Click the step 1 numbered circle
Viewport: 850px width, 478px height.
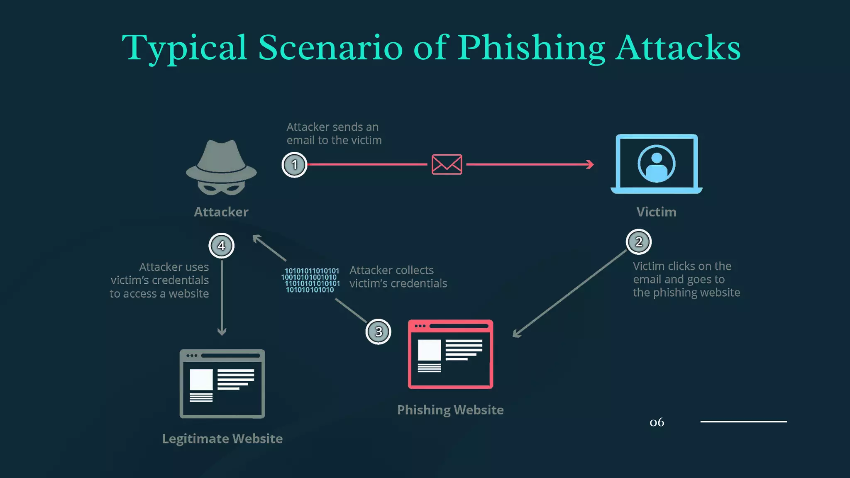(x=294, y=165)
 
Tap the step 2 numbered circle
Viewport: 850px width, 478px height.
(x=639, y=241)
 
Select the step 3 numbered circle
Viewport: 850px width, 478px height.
(x=379, y=332)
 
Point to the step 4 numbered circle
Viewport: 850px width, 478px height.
(x=221, y=246)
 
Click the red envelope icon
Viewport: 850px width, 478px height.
(x=447, y=164)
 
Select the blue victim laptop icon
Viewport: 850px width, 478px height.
(x=656, y=164)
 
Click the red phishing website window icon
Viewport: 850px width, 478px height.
(x=450, y=354)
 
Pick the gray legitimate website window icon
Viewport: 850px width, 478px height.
(x=222, y=384)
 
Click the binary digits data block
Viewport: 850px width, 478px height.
(x=310, y=280)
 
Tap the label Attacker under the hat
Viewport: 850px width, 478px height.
(x=221, y=212)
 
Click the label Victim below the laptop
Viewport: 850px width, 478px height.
(x=656, y=212)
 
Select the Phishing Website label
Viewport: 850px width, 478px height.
(x=450, y=410)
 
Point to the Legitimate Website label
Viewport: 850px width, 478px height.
(x=222, y=439)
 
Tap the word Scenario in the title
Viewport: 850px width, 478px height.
(x=330, y=48)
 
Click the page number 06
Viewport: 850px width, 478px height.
(x=657, y=422)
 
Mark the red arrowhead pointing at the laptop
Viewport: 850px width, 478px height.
(x=591, y=164)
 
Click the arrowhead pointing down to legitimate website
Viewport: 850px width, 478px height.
(x=222, y=332)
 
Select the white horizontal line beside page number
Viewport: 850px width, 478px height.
(x=743, y=422)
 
